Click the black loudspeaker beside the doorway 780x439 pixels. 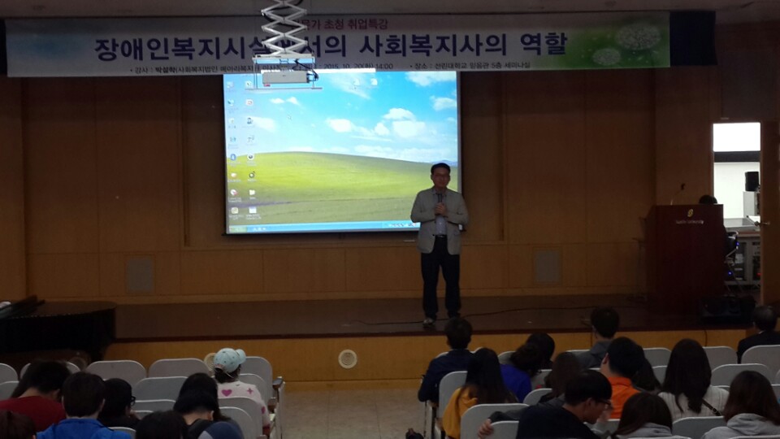point(752,181)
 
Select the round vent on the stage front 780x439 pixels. point(348,358)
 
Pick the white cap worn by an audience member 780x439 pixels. point(229,359)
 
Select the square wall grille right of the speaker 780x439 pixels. point(547,267)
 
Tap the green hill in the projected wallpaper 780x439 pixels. point(341,183)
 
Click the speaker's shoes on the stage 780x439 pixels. point(440,319)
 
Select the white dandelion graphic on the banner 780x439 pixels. point(638,37)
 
